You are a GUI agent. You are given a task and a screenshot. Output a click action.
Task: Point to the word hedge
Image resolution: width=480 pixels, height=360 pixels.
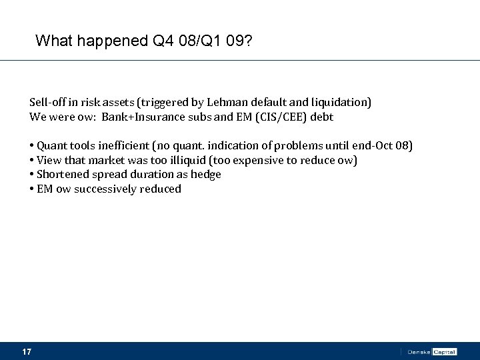coord(207,175)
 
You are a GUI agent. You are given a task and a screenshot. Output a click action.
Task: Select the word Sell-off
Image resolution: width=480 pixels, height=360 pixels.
coord(47,103)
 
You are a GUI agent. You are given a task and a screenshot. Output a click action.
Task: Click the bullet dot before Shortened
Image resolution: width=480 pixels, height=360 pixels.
coord(32,175)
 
